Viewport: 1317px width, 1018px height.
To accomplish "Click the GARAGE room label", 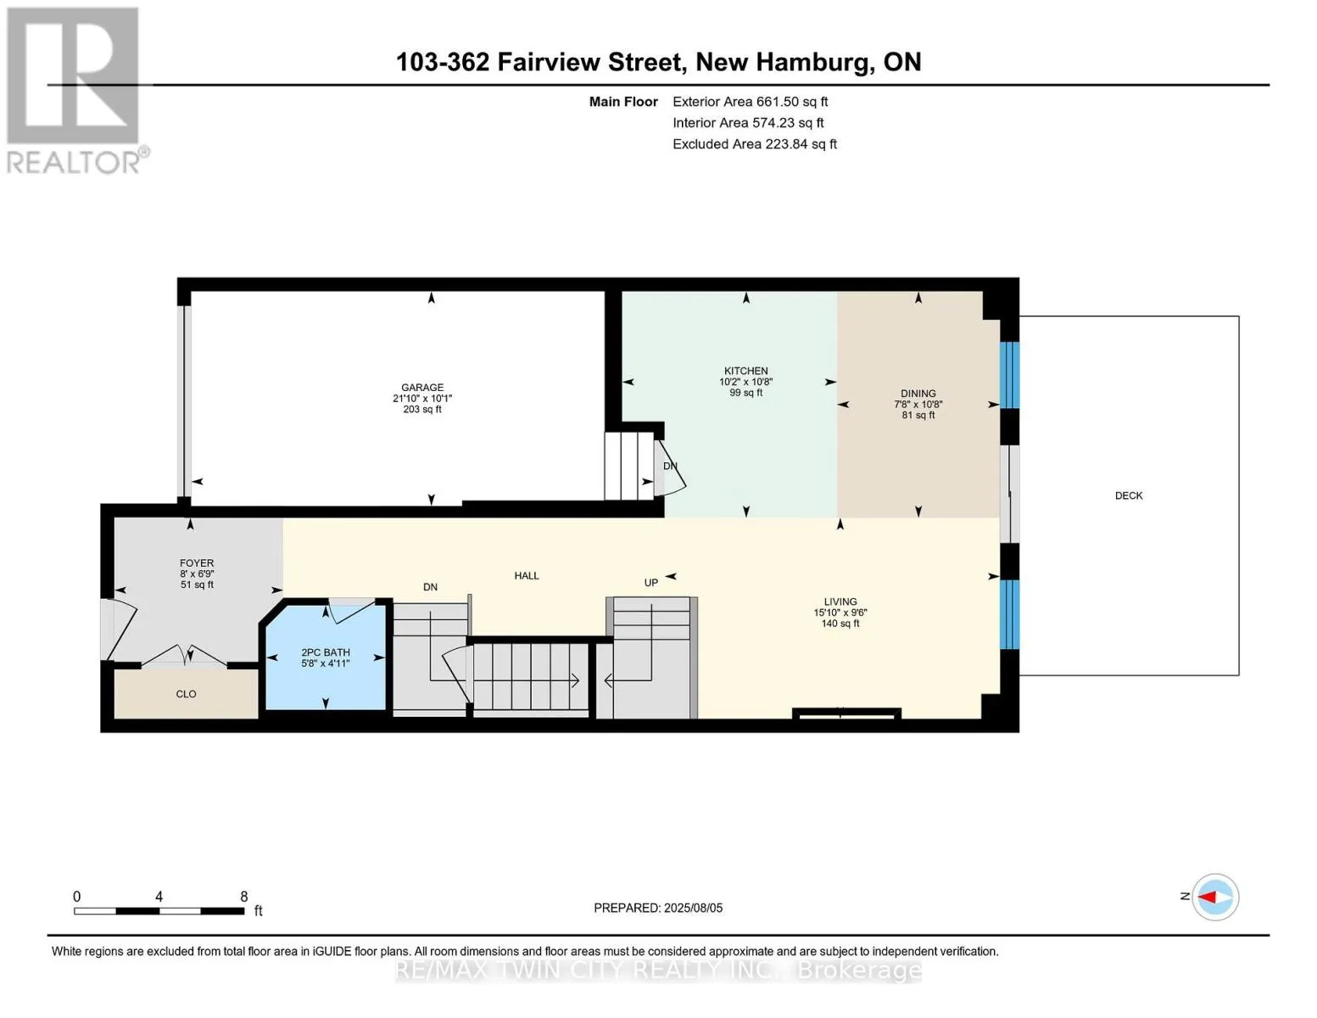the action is tap(421, 388).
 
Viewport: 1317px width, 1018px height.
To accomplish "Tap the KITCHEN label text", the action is tap(745, 371).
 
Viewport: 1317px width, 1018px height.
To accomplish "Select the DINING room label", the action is tap(918, 394).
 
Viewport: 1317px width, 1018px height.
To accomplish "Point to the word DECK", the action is tap(1129, 495).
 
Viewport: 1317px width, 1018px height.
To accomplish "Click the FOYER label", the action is tap(197, 563).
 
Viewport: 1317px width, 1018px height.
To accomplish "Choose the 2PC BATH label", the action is tap(326, 652).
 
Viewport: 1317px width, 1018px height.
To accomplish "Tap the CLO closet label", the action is tap(186, 694).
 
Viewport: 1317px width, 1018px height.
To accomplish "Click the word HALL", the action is tap(526, 576).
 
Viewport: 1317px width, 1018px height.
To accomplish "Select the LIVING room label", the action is tap(840, 601).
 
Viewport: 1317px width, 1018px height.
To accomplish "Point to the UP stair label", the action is tap(651, 583).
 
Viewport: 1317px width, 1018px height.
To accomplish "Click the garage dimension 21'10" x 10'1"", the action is tap(421, 399).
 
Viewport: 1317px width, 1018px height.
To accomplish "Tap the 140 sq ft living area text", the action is tap(840, 624).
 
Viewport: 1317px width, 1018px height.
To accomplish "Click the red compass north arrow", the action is tap(1207, 897).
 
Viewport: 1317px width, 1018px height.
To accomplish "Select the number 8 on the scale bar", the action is tap(243, 897).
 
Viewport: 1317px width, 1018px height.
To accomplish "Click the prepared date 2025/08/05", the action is tap(693, 908).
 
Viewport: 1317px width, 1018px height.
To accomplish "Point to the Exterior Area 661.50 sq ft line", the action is tap(750, 102).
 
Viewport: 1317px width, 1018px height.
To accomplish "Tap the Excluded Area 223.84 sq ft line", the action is tap(755, 144).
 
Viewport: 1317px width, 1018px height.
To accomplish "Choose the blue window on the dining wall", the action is tap(1009, 375).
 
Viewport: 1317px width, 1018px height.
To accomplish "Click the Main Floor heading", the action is tap(623, 102).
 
